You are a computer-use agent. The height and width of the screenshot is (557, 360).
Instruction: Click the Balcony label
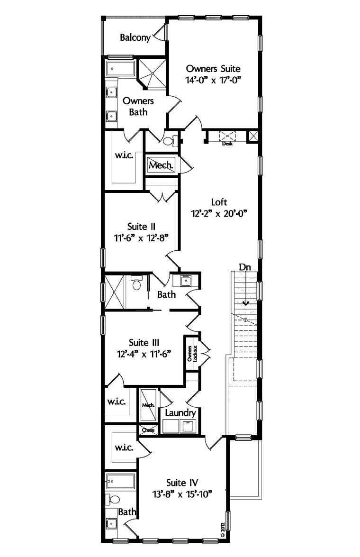coord(135,37)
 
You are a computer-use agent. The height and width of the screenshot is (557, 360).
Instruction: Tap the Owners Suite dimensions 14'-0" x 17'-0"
coord(213,80)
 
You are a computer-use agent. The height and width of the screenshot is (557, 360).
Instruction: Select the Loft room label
coord(219,202)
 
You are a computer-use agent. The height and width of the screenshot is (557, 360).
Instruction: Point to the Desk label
coord(227,144)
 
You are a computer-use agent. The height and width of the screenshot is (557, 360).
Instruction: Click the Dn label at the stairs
coord(244,267)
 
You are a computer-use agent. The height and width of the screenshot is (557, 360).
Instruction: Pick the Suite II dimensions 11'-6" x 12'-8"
coord(141,238)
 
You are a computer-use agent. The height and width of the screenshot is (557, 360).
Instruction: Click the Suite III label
coord(144,342)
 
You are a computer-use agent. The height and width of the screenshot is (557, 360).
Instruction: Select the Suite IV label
coord(182,483)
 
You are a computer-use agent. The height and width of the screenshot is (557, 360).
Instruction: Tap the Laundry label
coord(180,413)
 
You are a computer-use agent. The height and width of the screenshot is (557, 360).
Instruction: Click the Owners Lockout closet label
coord(192,354)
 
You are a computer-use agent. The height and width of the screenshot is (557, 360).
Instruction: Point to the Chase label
coord(148,430)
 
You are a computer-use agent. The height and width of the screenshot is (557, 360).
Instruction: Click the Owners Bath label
coord(138,106)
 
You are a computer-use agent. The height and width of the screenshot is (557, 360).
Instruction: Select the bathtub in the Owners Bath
coord(121,69)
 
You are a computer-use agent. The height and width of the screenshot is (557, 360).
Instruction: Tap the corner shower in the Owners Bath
coord(153,73)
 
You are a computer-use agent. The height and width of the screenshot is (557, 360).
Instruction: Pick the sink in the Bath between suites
coord(185,281)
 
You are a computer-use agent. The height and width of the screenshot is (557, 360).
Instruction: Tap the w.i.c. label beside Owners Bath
coord(124,155)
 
